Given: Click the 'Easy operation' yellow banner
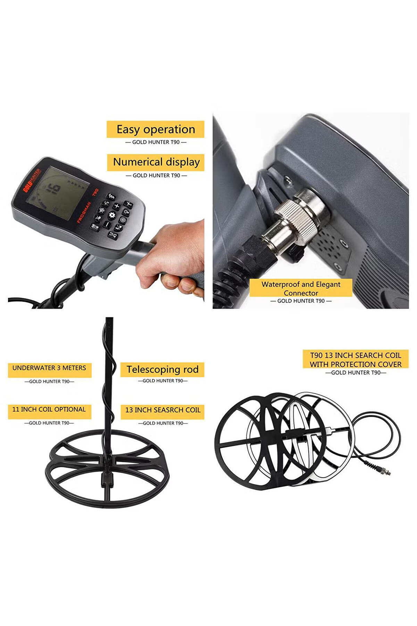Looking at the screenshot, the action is [155, 129].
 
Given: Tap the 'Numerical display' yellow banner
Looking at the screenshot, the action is [155, 162].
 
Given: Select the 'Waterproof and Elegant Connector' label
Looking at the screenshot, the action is [301, 288].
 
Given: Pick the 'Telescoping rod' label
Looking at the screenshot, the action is [162, 369].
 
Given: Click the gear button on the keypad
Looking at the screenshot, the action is [112, 215].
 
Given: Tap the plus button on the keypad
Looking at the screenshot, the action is [117, 206].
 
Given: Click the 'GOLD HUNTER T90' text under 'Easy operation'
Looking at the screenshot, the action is [156, 142].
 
